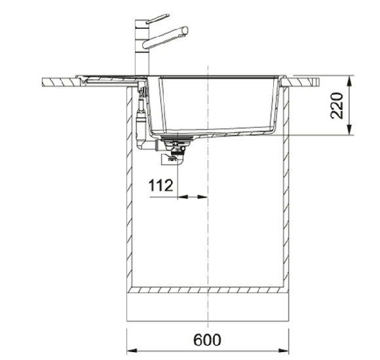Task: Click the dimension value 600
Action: point(207,340)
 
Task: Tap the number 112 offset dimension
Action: point(161,186)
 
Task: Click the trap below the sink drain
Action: point(175,155)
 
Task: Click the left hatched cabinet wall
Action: point(129,196)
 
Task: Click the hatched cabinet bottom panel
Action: point(207,288)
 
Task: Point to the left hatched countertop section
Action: point(59,82)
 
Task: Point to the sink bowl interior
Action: point(216,105)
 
